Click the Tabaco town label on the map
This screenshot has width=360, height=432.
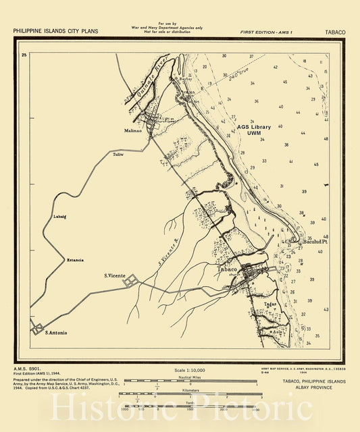(x=227, y=269)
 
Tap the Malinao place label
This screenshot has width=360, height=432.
(x=133, y=130)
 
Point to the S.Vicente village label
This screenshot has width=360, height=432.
(x=116, y=275)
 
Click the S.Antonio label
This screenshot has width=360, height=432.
(x=56, y=332)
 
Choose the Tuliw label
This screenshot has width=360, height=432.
(x=118, y=155)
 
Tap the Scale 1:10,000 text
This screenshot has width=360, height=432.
(x=189, y=371)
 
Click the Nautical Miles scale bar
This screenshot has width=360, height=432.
(x=190, y=381)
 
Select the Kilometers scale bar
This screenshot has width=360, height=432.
(x=190, y=394)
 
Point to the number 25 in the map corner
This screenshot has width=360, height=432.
(x=24, y=55)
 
